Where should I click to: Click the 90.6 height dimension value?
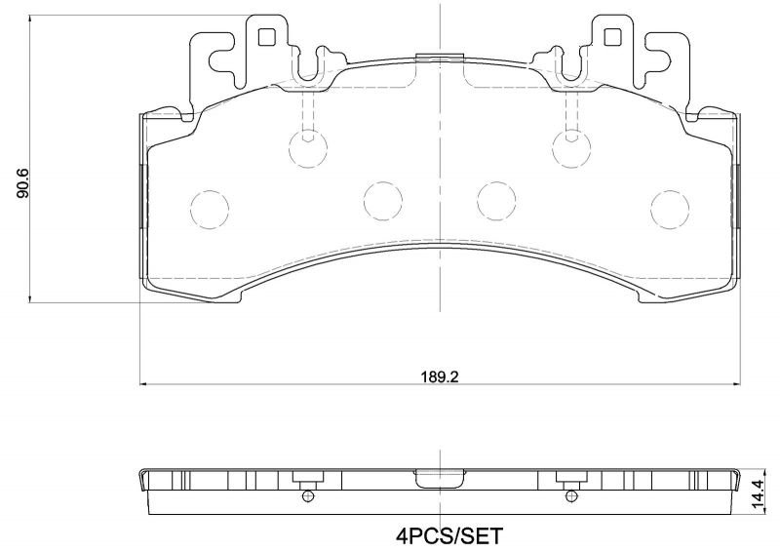[22, 183]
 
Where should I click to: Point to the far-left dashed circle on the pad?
[209, 206]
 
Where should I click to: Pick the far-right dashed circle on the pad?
[671, 206]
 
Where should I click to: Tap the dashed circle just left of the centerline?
[383, 201]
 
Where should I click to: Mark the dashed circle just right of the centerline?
[496, 201]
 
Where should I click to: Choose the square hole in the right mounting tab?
[613, 38]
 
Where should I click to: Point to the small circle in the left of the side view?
[308, 496]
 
